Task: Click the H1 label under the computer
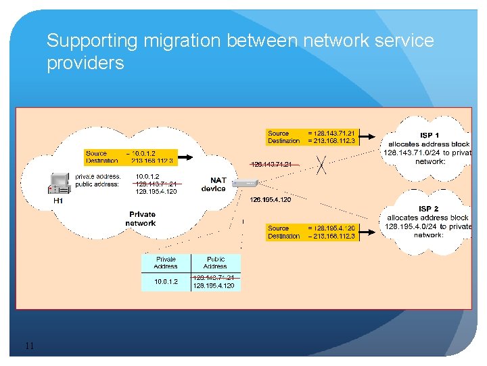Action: pos(58,201)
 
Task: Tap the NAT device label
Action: pos(213,184)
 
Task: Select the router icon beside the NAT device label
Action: pos(250,182)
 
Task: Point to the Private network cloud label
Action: pos(141,219)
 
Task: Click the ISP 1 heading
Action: pos(429,136)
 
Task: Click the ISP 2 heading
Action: pos(429,209)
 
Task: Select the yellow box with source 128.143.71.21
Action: pos(311,138)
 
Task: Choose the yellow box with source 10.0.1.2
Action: pos(131,157)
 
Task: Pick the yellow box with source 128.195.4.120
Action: pos(311,232)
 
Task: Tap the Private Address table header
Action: pos(166,262)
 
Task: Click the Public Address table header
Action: pos(215,262)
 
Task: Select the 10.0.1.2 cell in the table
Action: pos(166,281)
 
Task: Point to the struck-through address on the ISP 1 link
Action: pos(271,164)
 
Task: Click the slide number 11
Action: pos(29,347)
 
